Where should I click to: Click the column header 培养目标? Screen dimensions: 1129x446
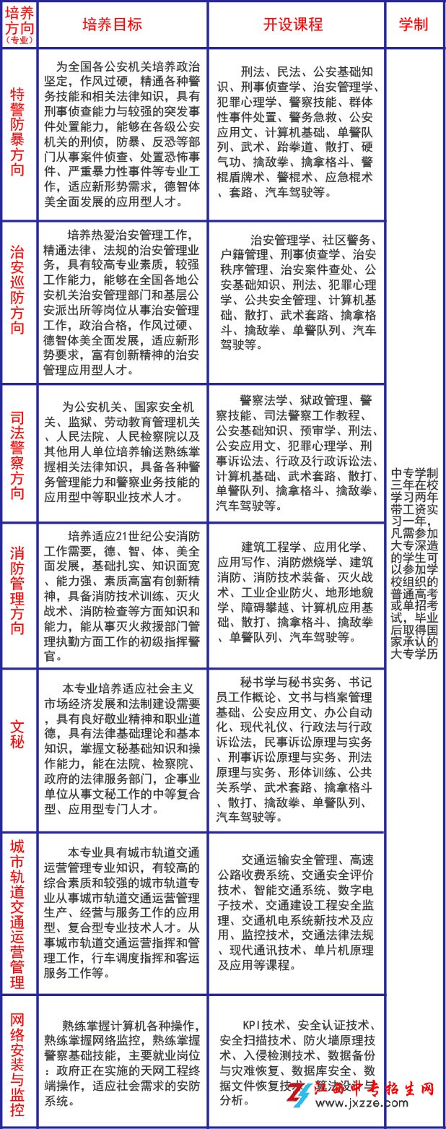[123, 24]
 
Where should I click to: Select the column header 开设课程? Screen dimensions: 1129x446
[296, 24]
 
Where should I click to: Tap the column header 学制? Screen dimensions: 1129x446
[414, 24]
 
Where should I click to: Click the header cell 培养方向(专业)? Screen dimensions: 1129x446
[19, 25]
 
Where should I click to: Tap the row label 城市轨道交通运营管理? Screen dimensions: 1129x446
[18, 914]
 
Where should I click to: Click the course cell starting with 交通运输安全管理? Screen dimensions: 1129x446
[296, 914]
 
